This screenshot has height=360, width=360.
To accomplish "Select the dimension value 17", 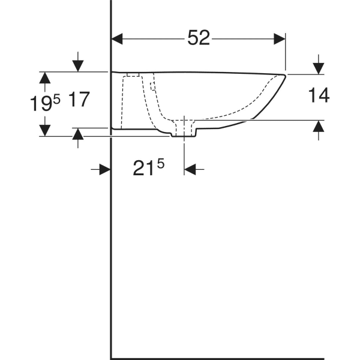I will click(x=79, y=100).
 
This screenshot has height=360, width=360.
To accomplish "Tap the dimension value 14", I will click(x=318, y=95).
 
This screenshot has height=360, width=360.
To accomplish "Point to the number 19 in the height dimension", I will click(x=41, y=104).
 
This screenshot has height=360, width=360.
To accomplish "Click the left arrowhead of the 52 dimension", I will click(x=118, y=38).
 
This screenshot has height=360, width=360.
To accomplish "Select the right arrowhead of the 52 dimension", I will click(x=280, y=38).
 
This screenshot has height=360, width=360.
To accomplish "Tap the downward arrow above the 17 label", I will click(x=77, y=65).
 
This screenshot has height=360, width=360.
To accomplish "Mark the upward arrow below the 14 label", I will click(x=318, y=127).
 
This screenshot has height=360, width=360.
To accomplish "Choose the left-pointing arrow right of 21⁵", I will click(x=190, y=170).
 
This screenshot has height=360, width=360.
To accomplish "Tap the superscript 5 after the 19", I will click(x=57, y=100).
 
